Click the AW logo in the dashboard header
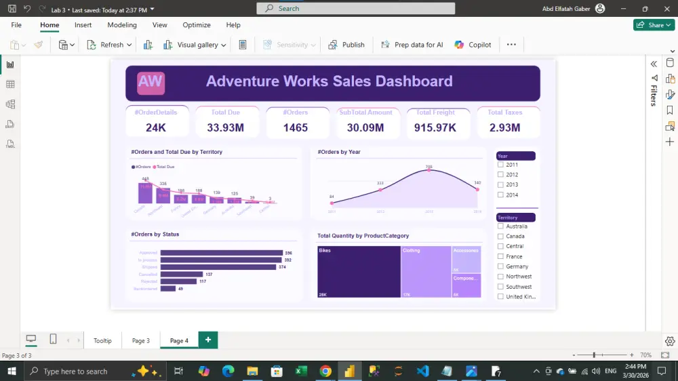(151, 83)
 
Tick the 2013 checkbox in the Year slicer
(500, 184)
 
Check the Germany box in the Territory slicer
(500, 266)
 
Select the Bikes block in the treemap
(359, 271)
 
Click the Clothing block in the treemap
(426, 271)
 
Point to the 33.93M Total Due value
(226, 127)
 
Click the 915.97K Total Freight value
(435, 127)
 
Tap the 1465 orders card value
(296, 127)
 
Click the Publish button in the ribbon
(346, 45)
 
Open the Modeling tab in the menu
(122, 25)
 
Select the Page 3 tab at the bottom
(141, 340)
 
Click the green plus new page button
(208, 340)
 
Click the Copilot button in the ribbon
(473, 45)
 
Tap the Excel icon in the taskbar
(301, 372)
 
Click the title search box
(355, 8)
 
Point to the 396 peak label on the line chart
(428, 166)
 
